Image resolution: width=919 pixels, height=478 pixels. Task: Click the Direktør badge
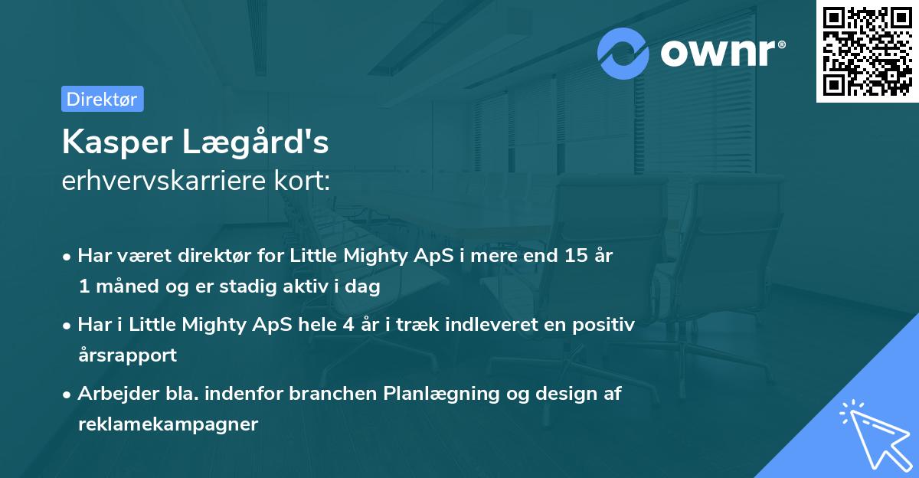(x=102, y=99)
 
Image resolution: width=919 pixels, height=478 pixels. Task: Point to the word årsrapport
(x=127, y=355)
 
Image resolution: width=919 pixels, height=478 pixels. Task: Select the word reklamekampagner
(x=168, y=424)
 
